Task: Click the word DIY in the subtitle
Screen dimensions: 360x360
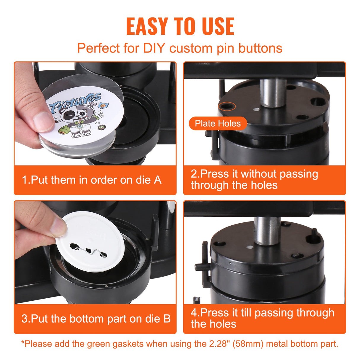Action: tap(154, 48)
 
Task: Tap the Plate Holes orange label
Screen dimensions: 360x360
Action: tap(218, 123)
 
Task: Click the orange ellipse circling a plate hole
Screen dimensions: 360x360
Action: tap(227, 106)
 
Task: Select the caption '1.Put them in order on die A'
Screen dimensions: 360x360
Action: tap(92, 180)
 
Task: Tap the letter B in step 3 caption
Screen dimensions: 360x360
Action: tap(167, 319)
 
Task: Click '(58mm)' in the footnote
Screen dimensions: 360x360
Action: tap(248, 344)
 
